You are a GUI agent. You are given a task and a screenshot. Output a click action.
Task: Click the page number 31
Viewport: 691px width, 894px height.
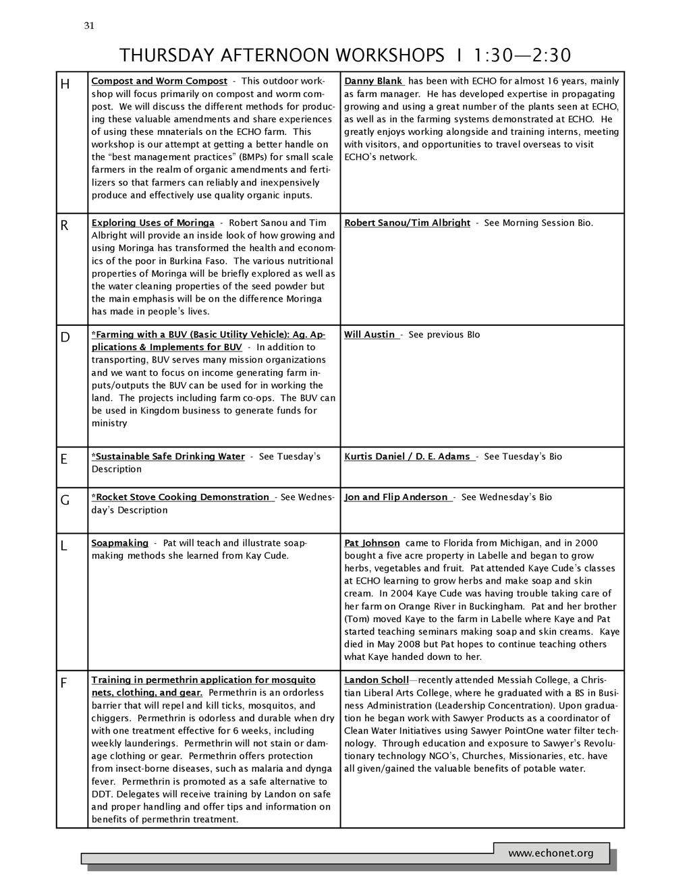tap(89, 26)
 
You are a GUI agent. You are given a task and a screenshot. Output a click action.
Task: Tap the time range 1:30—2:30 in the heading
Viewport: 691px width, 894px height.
tap(522, 55)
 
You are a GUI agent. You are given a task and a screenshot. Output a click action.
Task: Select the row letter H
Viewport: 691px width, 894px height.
tap(65, 84)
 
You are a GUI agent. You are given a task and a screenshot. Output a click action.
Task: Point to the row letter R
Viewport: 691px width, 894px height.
tap(65, 226)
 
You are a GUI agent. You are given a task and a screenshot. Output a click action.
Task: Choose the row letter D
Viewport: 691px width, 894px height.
tap(65, 337)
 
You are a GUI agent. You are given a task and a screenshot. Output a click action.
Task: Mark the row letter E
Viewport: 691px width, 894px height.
tap(64, 459)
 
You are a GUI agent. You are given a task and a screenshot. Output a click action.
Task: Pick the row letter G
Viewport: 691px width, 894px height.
tap(65, 501)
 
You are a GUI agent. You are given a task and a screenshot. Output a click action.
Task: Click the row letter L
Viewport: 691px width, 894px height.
tap(64, 546)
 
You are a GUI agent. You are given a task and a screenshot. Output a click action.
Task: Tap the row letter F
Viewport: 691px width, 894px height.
tap(64, 683)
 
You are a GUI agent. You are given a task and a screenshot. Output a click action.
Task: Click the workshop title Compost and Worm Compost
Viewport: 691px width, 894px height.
tap(159, 81)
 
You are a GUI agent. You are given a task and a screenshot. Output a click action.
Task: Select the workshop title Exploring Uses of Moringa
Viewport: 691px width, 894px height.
tap(153, 223)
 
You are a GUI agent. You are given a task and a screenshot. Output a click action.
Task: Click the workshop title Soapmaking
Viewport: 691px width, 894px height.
tap(120, 543)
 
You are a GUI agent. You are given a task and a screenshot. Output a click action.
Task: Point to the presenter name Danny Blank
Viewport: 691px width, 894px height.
tap(373, 81)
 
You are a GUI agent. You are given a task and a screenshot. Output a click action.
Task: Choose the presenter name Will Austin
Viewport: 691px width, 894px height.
tap(370, 335)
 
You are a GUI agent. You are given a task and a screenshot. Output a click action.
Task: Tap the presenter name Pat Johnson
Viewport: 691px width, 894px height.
tap(372, 543)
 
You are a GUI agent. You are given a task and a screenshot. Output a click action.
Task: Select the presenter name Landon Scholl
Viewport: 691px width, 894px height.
tap(377, 680)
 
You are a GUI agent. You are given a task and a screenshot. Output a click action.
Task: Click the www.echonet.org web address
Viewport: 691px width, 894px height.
tap(551, 854)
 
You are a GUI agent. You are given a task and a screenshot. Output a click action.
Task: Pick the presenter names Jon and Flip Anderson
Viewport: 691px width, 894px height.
tap(396, 497)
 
